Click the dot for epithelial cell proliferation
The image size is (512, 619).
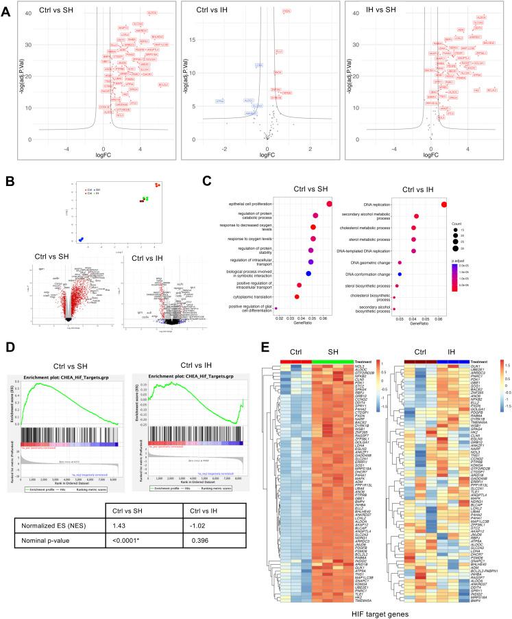coord(330,203)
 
